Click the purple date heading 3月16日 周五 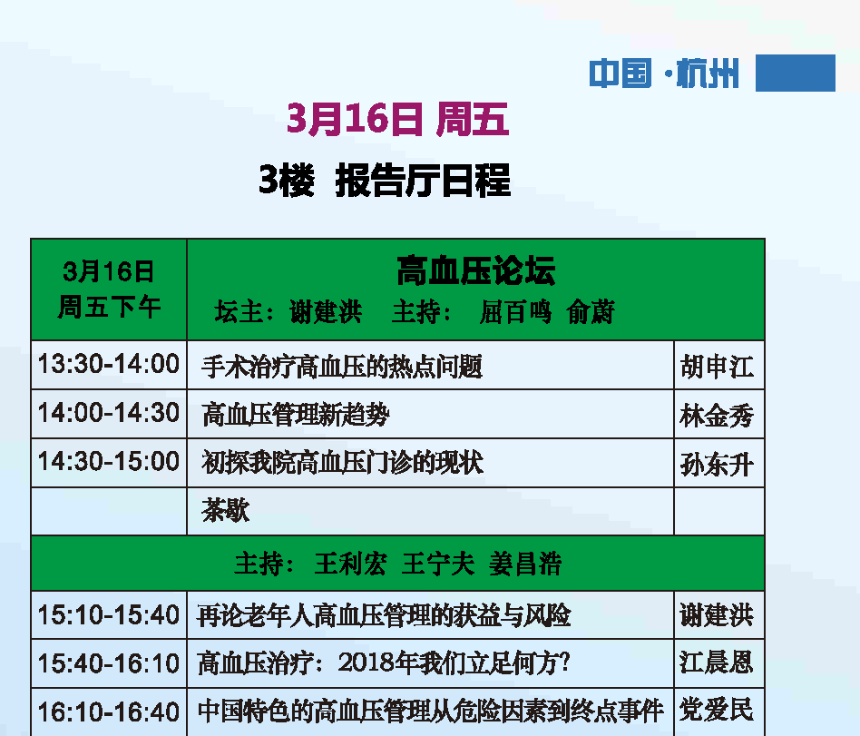[397, 119]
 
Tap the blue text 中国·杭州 [664, 74]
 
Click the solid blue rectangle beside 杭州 [796, 73]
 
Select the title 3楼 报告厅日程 [385, 180]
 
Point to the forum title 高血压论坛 [476, 270]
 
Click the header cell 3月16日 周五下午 [109, 289]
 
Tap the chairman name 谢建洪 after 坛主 [326, 312]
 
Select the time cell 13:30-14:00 [109, 365]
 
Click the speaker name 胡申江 [717, 366]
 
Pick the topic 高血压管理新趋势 [296, 415]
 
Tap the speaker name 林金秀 [717, 415]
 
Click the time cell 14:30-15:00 [109, 462]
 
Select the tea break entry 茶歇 [225, 510]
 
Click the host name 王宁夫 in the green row [437, 564]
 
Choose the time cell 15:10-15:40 [109, 615]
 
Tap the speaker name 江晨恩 [717, 662]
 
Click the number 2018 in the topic [366, 663]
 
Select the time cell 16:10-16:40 [109, 712]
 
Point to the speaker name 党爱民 [717, 711]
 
